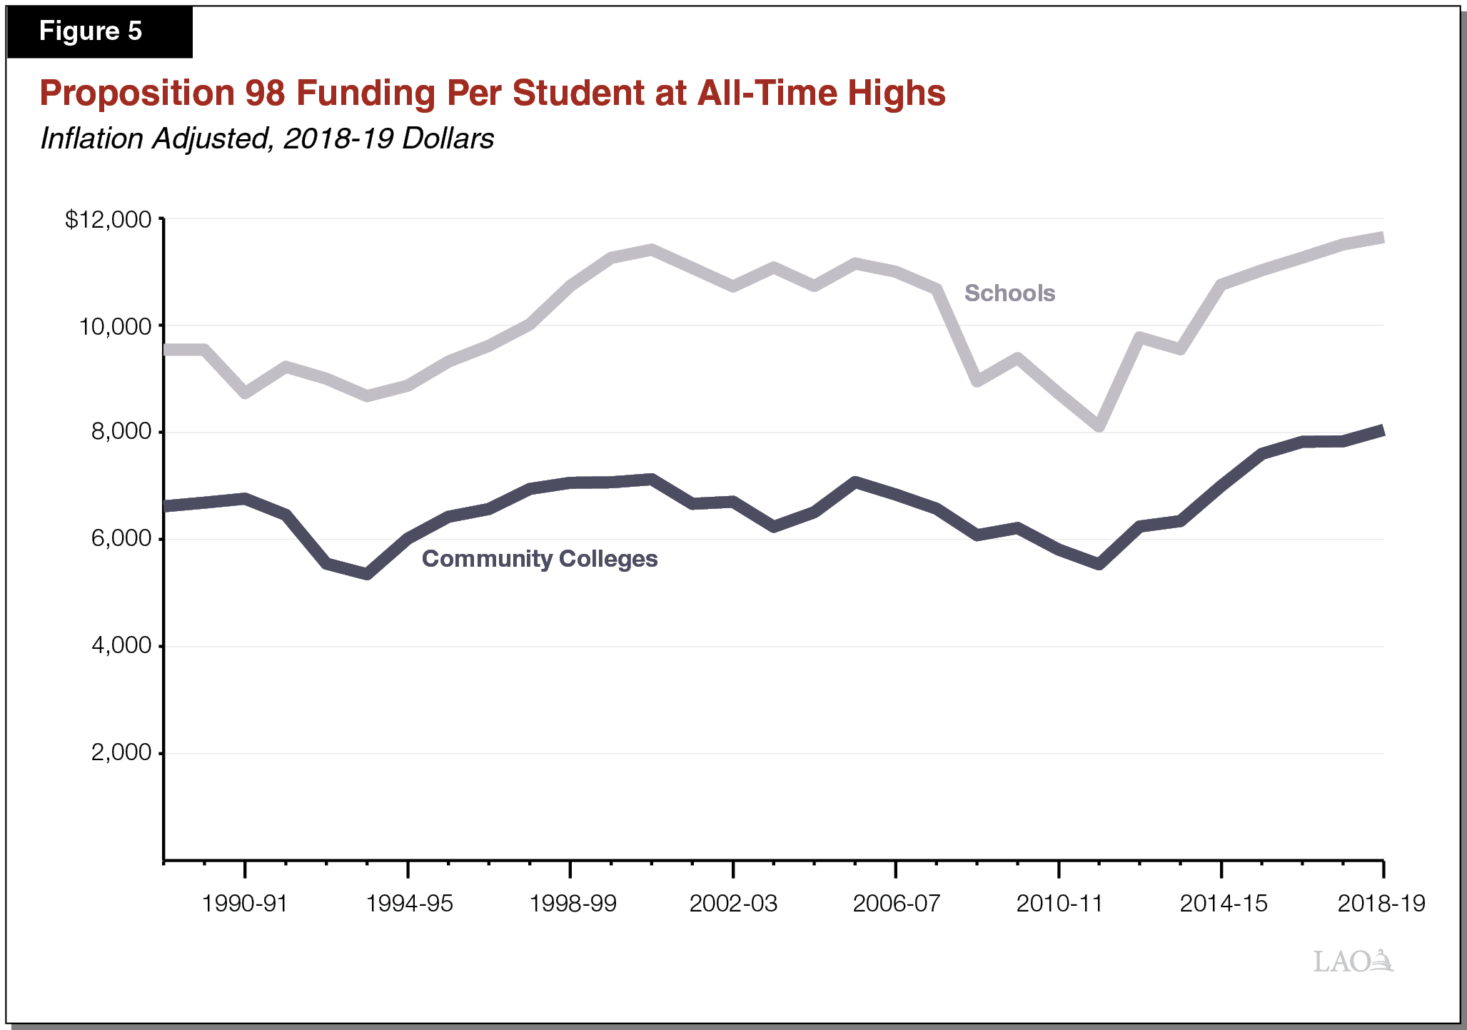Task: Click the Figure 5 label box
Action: click(x=99, y=31)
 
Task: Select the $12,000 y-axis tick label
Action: click(x=109, y=220)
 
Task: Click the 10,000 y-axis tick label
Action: click(x=115, y=327)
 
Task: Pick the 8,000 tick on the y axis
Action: click(x=121, y=433)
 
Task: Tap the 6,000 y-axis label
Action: click(x=121, y=539)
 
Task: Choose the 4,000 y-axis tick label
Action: click(x=121, y=646)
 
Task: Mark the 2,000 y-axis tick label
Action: click(x=121, y=752)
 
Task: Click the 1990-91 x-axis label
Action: click(x=244, y=904)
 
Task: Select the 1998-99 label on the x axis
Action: click(x=573, y=904)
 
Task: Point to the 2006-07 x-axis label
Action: click(x=897, y=904)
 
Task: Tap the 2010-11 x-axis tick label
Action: click(x=1059, y=904)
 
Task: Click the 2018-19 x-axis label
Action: click(x=1381, y=904)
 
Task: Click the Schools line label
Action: click(x=1009, y=293)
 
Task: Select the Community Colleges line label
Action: click(x=540, y=559)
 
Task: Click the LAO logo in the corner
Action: click(x=1352, y=961)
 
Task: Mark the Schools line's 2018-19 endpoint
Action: click(x=1382, y=238)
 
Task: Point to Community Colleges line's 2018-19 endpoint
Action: click(x=1382, y=430)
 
